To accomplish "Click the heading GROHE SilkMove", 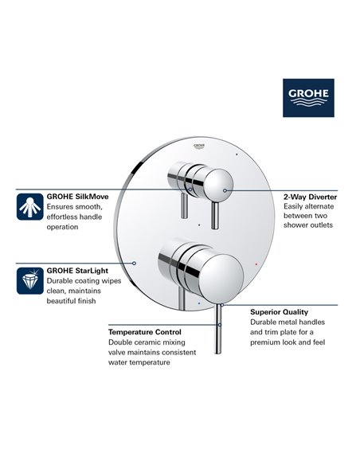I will pos(79,194).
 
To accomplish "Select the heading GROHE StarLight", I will pos(78,270).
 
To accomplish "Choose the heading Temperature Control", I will pos(144,331).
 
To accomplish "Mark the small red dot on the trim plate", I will pos(252,261).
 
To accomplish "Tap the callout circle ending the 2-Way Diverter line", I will pos(225,191).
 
